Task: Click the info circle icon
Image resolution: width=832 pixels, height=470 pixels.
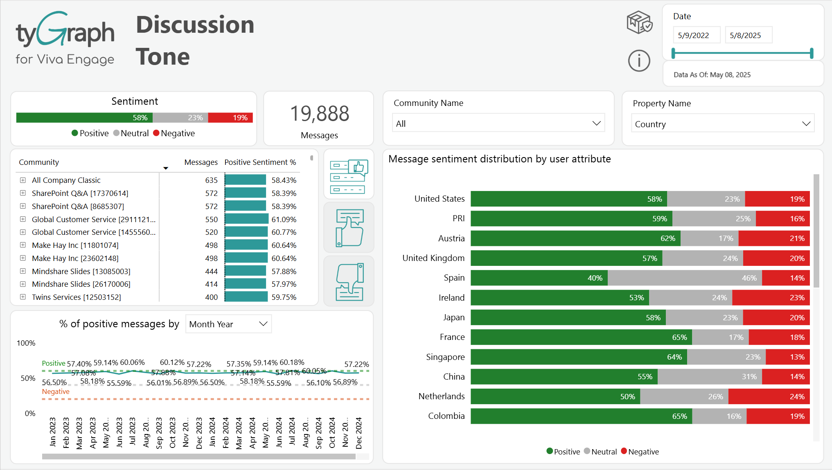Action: tap(639, 61)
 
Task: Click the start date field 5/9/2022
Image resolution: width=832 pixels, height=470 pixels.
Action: tap(696, 35)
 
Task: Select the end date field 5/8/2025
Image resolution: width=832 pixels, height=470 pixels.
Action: tap(748, 35)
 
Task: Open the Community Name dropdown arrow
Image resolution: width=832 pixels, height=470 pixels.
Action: tap(596, 124)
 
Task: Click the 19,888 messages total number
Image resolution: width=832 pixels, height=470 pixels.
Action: tap(319, 114)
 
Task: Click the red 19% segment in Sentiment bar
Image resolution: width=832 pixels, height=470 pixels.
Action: tap(230, 118)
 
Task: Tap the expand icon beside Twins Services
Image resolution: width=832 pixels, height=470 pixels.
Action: tap(23, 297)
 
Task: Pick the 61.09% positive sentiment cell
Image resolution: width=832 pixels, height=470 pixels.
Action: tap(284, 219)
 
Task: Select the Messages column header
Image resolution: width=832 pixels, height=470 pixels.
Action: tap(201, 162)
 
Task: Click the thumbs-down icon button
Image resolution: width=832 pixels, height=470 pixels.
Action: tap(349, 281)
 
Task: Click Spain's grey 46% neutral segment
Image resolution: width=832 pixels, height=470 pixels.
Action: tap(684, 278)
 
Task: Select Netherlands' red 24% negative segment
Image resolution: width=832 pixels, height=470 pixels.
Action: tap(769, 396)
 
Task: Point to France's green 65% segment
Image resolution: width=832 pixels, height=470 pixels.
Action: tap(581, 337)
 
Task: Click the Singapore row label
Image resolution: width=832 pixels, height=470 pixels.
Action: tap(445, 357)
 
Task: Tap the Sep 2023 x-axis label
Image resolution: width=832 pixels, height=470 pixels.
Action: tap(159, 433)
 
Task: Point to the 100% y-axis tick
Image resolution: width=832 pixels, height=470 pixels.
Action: tap(26, 343)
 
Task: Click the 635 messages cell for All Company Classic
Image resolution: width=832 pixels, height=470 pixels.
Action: tap(211, 180)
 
